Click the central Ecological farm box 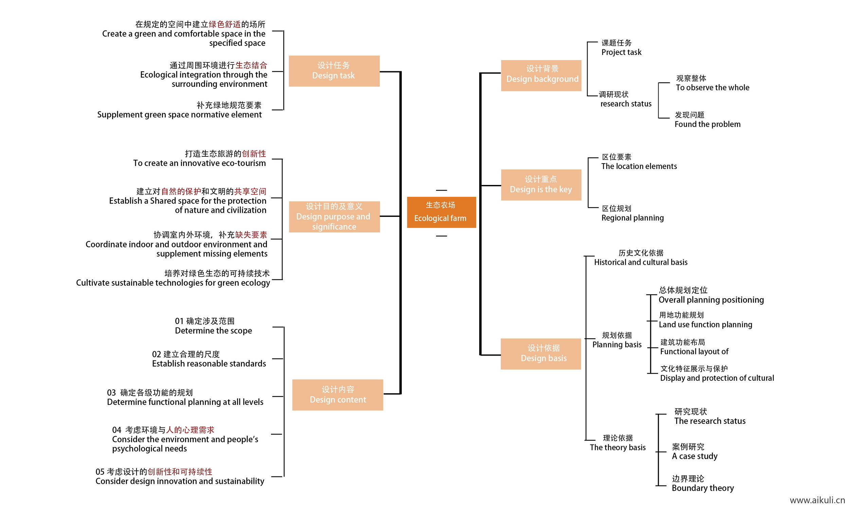[441, 212]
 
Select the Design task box [334, 71]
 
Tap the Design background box [541, 75]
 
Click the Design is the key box [541, 185]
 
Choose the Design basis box [541, 354]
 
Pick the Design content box [337, 394]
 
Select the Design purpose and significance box [334, 216]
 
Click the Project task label [621, 52]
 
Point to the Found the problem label [707, 124]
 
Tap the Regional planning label [632, 218]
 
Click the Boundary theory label [702, 488]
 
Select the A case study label [694, 456]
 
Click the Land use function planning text [705, 324]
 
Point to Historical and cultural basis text [640, 262]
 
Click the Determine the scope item [213, 330]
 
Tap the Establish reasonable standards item [209, 363]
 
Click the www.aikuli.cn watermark [817, 500]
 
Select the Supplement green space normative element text [179, 114]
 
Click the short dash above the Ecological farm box [441, 190]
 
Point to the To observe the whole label [712, 88]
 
